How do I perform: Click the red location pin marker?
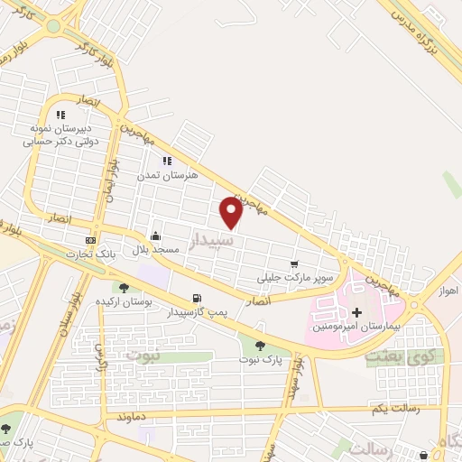coord(231,213)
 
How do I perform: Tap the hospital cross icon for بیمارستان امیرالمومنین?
coord(357,311)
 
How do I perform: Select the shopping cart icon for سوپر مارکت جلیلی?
coord(294,264)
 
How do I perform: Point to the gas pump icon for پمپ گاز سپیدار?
coord(197,298)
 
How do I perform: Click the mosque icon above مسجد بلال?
coord(155,236)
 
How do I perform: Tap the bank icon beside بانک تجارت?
coord(90,240)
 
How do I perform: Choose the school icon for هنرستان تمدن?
coord(166,161)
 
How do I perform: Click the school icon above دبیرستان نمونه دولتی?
coord(60,115)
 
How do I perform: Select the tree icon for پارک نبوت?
coord(260,346)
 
